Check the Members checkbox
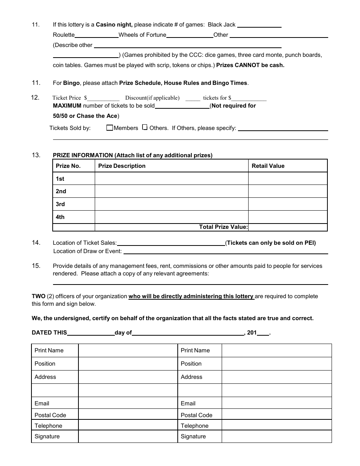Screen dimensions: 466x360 pos(110,128)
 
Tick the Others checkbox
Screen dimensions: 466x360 pos(145,128)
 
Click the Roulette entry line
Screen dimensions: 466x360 pos(97,36)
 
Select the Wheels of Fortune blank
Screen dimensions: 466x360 pos(189,36)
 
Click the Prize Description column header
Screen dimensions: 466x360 pos(122,166)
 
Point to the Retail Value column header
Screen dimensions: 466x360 pos(268,166)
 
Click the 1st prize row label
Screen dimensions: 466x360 pos(60,179)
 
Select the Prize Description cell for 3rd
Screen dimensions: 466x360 pos(171,204)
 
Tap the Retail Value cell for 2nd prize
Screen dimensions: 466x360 pos(288,191)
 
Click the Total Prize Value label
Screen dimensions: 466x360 pos(223,227)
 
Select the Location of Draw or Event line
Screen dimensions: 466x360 pos(225,252)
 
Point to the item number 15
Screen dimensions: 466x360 pos(36,266)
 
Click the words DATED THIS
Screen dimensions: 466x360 pos(49,333)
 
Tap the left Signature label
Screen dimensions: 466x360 pos(47,436)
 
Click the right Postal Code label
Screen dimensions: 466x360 pos(196,415)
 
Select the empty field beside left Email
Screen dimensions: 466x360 pos(128,403)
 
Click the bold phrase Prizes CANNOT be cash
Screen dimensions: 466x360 pos(250,65)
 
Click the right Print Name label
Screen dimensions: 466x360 pos(195,350)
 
